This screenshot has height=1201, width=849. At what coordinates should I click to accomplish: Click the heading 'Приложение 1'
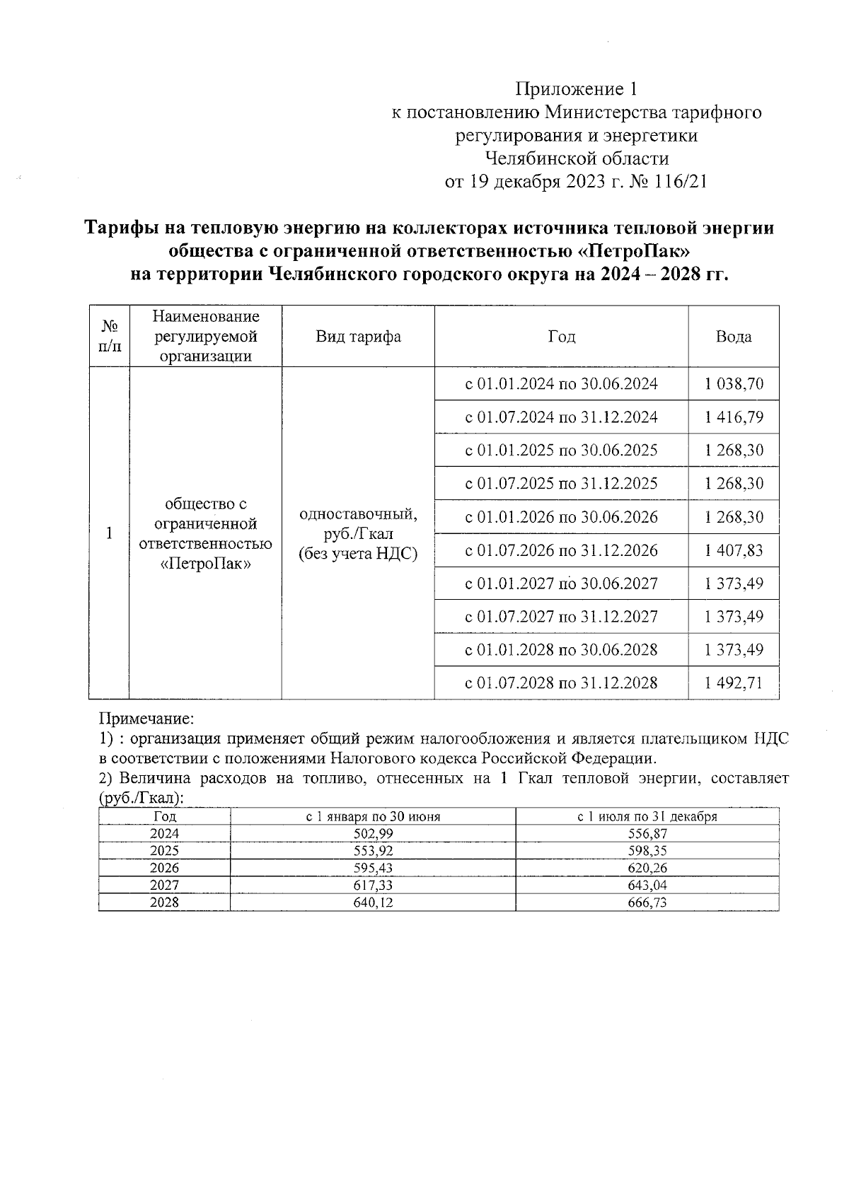point(577,89)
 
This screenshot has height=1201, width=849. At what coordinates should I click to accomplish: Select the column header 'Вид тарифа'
point(358,337)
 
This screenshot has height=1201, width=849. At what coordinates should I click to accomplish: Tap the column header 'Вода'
point(733,337)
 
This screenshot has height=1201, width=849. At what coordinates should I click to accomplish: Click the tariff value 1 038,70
point(734,384)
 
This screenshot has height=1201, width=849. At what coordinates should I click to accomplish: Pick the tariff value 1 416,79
point(734,417)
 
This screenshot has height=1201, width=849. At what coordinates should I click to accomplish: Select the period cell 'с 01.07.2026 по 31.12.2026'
point(561,550)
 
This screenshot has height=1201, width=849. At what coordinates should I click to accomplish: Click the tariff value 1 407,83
point(734,550)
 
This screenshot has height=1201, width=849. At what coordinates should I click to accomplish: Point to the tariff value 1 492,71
point(734,683)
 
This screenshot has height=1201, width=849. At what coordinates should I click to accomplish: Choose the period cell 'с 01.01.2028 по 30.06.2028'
point(561,649)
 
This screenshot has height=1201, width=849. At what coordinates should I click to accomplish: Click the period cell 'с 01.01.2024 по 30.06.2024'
point(561,384)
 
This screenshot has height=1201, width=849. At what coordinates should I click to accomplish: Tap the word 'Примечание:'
point(146,719)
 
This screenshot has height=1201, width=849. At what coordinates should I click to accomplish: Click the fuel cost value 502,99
point(373,834)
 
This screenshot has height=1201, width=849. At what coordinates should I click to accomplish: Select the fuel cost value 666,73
point(647,903)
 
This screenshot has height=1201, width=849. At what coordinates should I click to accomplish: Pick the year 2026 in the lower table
point(164,868)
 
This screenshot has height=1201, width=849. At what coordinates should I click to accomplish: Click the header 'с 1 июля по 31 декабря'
point(647,817)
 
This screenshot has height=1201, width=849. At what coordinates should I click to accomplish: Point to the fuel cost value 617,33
point(373,886)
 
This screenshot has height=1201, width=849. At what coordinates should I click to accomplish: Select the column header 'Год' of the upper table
point(561,337)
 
